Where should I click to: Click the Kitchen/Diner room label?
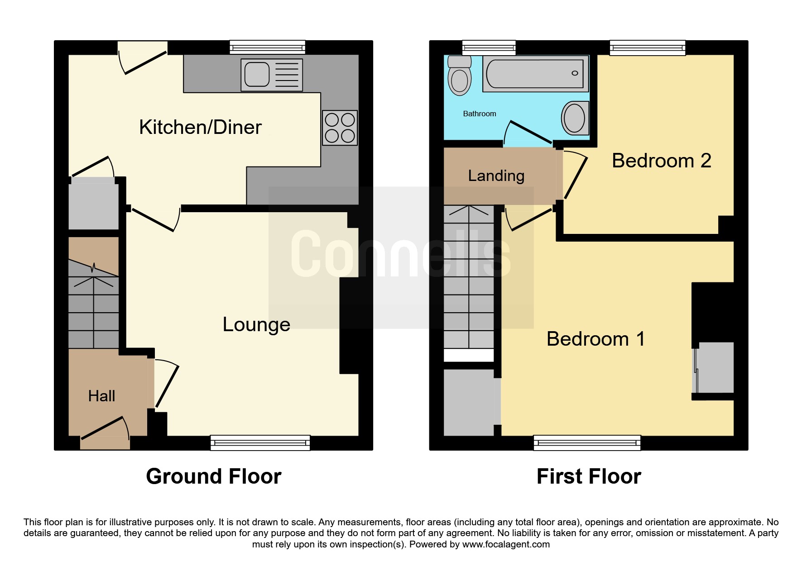point(200,127)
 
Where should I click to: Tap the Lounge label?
point(256,325)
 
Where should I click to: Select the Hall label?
point(101,396)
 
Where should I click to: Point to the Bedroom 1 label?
point(595,339)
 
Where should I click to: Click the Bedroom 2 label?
point(661,161)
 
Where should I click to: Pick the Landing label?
point(496,176)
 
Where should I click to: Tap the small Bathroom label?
point(479,114)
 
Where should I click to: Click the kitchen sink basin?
point(257,74)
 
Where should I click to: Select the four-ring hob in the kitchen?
point(340,128)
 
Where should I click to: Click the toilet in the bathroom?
point(459,76)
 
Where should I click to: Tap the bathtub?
point(536,74)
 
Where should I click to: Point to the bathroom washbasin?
point(575,118)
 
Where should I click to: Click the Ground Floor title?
point(214,476)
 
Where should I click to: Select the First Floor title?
point(589,476)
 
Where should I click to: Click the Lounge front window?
point(260,442)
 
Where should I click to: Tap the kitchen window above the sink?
point(267,48)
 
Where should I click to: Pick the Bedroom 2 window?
point(648,48)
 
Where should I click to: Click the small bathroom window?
point(489,48)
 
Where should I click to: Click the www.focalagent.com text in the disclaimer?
point(506,544)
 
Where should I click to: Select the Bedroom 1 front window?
point(587,442)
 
